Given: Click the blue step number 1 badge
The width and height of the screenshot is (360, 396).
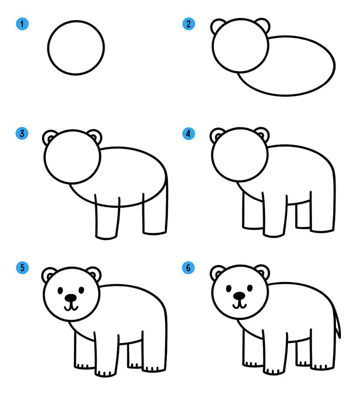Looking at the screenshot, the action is click(22, 24).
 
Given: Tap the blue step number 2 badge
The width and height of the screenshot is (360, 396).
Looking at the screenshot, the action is click(189, 24).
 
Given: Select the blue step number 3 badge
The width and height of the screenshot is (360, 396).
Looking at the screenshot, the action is click(22, 133).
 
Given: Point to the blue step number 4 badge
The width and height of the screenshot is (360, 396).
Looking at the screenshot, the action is click(189, 133).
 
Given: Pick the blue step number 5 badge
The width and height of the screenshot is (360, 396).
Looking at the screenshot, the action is click(22, 268).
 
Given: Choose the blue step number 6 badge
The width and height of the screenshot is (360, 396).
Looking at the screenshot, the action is click(188, 267).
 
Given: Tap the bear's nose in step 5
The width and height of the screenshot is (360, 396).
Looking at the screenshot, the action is click(71, 298).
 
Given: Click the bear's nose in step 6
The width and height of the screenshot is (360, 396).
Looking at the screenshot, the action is click(239, 296).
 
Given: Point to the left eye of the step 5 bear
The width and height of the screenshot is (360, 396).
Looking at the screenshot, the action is click(60, 291).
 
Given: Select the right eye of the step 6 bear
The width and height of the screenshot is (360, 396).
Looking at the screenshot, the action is click(250, 288).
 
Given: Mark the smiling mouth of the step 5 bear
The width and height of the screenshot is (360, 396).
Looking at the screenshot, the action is click(71, 308).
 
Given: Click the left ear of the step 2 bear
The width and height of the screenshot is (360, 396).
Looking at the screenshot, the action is click(217, 25).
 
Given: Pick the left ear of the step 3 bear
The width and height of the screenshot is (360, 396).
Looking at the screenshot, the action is click(49, 137).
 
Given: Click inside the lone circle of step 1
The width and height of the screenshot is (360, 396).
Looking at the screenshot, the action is click(76, 48).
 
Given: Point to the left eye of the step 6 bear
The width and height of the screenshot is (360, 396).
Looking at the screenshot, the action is click(229, 288).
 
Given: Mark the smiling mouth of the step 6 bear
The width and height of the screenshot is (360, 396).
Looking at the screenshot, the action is click(239, 306).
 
